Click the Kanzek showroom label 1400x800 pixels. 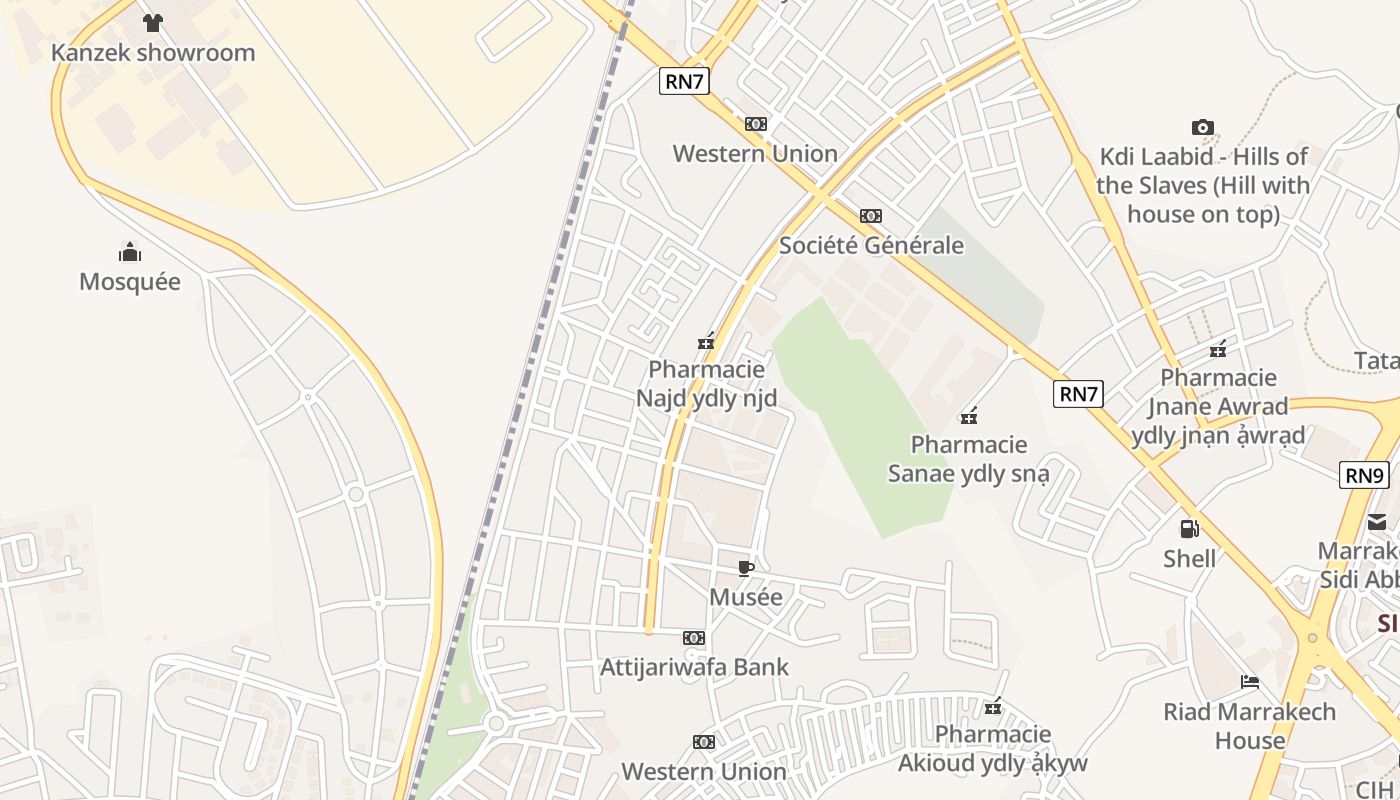153,53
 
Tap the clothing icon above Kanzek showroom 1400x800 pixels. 152,23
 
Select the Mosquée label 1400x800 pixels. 130,282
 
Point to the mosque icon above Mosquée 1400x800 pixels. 130,251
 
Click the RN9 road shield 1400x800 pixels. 1364,475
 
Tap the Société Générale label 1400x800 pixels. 871,245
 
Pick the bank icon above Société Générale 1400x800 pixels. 871,216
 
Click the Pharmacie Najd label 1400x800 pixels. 707,384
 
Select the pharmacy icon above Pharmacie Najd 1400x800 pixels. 707,342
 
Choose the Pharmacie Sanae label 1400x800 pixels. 969,458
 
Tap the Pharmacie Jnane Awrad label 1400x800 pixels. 1218,406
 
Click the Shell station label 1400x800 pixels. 1189,558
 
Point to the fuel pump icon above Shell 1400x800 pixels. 1189,528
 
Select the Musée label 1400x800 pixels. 745,597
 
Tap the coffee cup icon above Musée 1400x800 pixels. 745,568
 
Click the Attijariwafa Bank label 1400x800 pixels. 694,667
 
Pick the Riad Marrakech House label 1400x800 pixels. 1250,726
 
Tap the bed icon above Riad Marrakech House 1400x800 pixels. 1250,682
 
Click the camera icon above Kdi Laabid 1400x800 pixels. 1203,127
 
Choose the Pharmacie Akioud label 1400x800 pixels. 992,749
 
